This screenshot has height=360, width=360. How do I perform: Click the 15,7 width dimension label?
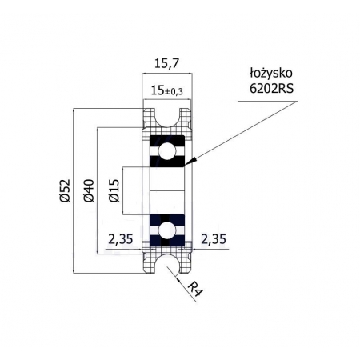click(x=167, y=64)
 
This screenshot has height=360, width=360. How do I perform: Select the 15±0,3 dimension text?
click(x=167, y=91)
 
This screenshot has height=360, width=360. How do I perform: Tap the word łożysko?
click(x=271, y=74)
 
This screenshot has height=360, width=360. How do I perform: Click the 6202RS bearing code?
click(x=271, y=88)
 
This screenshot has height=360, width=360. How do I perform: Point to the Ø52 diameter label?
click(x=65, y=190)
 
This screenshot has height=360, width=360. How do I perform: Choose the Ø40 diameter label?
click(x=89, y=190)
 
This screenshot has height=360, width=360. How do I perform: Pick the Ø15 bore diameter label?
click(x=114, y=190)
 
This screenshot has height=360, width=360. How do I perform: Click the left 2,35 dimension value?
click(x=121, y=239)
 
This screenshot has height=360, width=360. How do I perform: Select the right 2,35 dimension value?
click(x=214, y=239)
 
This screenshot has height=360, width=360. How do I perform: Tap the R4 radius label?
click(x=195, y=290)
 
